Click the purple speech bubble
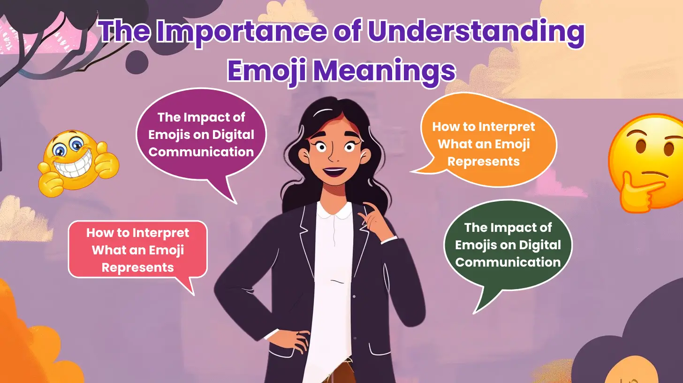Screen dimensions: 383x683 (201, 136)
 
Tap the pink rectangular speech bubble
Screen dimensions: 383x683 (137, 249)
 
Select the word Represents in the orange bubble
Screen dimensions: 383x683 (483, 161)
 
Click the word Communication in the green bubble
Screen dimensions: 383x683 (508, 262)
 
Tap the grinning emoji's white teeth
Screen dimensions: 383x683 (70, 166)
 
